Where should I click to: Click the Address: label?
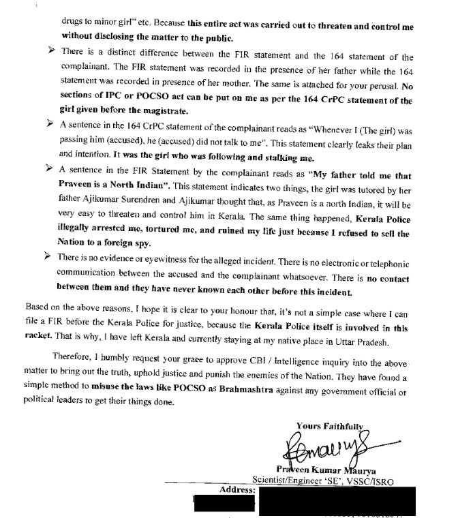pos(239,490)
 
